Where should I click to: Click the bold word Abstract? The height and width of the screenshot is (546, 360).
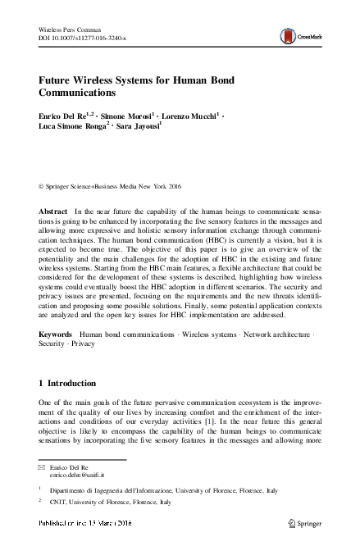53,212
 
